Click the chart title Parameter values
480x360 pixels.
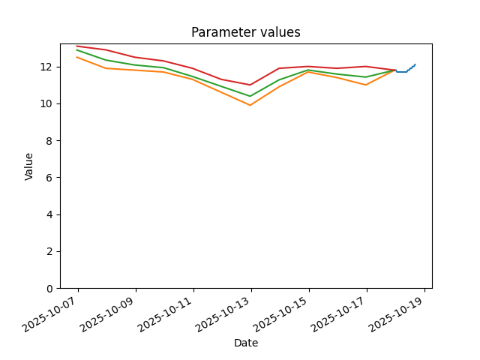click(x=246, y=32)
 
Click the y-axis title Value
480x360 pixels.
click(x=28, y=166)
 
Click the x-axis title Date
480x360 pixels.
click(x=246, y=343)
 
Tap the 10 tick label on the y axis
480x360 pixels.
click(x=46, y=104)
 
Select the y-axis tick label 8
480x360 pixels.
click(x=49, y=141)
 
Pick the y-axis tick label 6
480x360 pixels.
click(x=49, y=178)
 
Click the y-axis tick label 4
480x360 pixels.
click(x=49, y=215)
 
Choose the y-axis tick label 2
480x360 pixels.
click(x=49, y=252)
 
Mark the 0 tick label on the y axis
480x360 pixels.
click(x=49, y=289)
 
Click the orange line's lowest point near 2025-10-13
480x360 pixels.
click(x=250, y=105)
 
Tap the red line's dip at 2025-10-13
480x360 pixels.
click(x=250, y=85)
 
